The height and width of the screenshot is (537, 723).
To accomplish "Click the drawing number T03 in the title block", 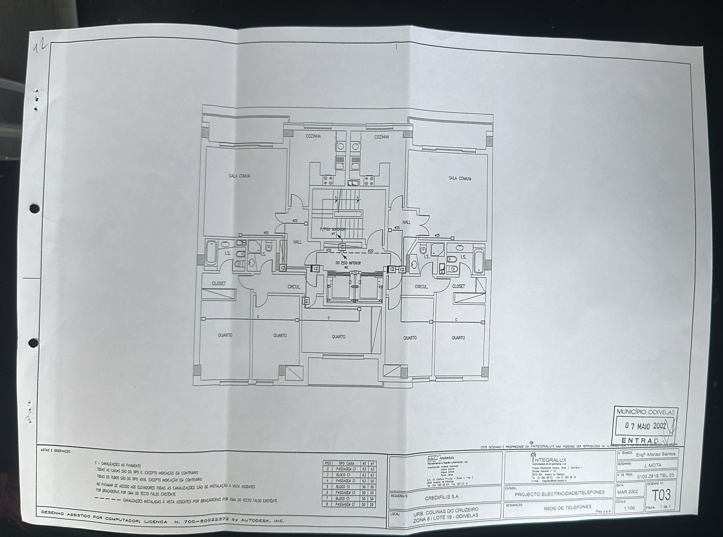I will pyautogui.click(x=661, y=494).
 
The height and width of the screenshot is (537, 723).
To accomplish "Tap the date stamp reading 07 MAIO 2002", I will pyautogui.click(x=646, y=426).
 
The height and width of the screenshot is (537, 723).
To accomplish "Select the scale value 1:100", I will pyautogui.click(x=629, y=508).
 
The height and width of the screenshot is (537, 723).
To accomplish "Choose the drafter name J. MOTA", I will pyautogui.click(x=652, y=465).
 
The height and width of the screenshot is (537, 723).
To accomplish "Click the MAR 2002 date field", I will pyautogui.click(x=628, y=492).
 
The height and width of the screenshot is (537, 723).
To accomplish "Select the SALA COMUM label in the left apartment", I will pyautogui.click(x=239, y=176).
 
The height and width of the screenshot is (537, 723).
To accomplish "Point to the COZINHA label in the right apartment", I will pyautogui.click(x=382, y=137).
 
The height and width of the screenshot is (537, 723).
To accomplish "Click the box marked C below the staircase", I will pyautogui.click(x=342, y=247).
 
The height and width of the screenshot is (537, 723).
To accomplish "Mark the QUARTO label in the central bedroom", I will pyautogui.click(x=338, y=337).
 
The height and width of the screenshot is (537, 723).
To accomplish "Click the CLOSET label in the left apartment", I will pyautogui.click(x=219, y=283).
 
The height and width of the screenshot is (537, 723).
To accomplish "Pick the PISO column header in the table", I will pyautogui.click(x=327, y=463).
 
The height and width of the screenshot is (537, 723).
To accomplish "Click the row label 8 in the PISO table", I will pyautogui.click(x=327, y=504).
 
